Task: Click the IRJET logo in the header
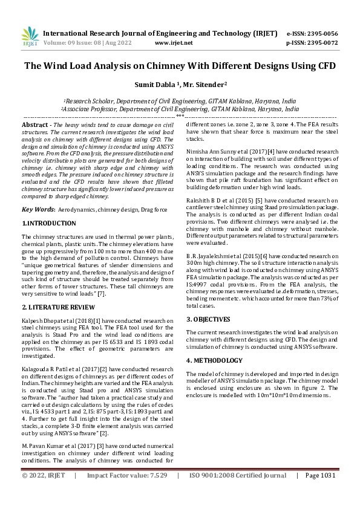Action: click(x=30, y=37)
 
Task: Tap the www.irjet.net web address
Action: click(x=174, y=43)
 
